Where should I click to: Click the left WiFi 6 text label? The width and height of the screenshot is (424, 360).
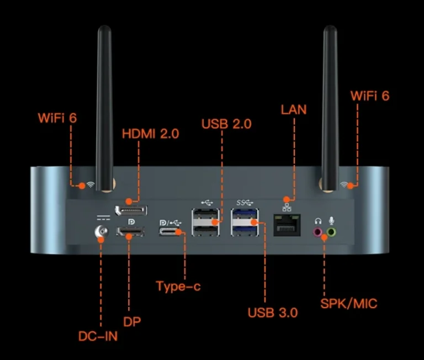point(57,118)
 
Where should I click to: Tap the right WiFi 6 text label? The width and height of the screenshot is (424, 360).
point(370,96)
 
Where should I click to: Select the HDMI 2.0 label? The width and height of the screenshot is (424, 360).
point(150,134)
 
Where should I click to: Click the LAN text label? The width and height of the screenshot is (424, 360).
point(294,109)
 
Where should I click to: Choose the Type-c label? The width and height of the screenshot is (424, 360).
point(178,286)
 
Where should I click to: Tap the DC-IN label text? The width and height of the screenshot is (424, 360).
point(98,335)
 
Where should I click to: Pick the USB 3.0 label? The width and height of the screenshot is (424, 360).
point(273,313)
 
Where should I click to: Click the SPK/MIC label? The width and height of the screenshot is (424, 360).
point(349,303)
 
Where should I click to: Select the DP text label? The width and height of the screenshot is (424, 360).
point(132,321)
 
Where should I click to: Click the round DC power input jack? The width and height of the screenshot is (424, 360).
point(101,234)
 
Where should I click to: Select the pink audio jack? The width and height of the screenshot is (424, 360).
point(318,232)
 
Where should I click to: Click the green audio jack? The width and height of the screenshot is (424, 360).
point(331,232)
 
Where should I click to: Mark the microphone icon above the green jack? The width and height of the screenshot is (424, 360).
point(331,220)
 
